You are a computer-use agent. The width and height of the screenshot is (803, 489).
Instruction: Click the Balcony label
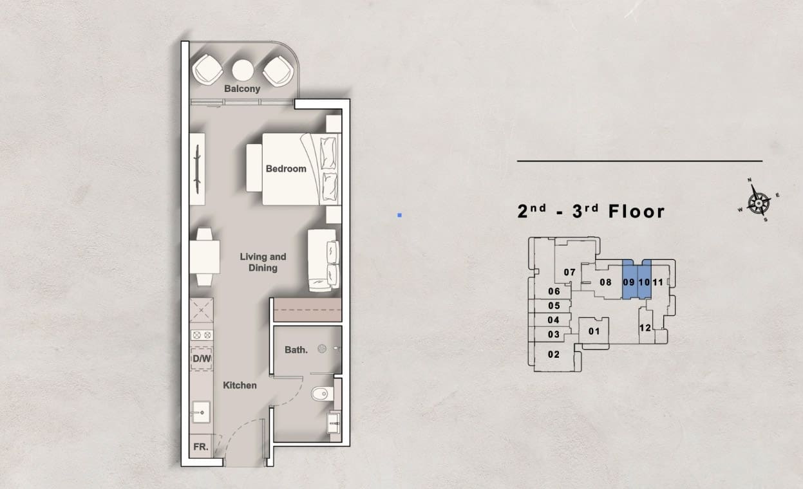coord(242,89)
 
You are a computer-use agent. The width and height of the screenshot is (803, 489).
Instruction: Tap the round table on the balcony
coord(243,70)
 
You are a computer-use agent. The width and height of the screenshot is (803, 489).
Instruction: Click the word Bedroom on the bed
coord(286,169)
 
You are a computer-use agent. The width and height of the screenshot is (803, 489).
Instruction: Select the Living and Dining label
coord(263,263)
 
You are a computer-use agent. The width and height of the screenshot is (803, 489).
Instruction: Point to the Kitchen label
coord(240,385)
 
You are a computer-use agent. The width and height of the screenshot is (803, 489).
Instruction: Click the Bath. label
coord(296,350)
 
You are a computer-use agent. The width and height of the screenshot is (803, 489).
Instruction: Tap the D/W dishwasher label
coord(202,358)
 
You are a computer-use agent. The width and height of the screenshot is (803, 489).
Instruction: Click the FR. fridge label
coord(201,447)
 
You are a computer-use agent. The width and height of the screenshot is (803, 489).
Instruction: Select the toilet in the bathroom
coord(322,394)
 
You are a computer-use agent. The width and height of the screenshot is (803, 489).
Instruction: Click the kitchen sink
coord(201,412)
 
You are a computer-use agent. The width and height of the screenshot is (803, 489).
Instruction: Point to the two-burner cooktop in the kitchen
coord(202,335)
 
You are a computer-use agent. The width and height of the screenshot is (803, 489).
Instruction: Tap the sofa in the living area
coord(323,260)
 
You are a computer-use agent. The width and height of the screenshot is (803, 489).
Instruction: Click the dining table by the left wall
coord(204,257)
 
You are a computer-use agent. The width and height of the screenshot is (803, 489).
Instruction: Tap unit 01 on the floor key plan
coord(594,331)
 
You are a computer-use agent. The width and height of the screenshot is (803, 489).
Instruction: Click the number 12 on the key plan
coord(645,328)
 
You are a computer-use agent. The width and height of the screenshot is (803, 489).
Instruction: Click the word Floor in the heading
coord(637,211)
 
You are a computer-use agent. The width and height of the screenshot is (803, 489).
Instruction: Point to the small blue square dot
coord(400,216)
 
